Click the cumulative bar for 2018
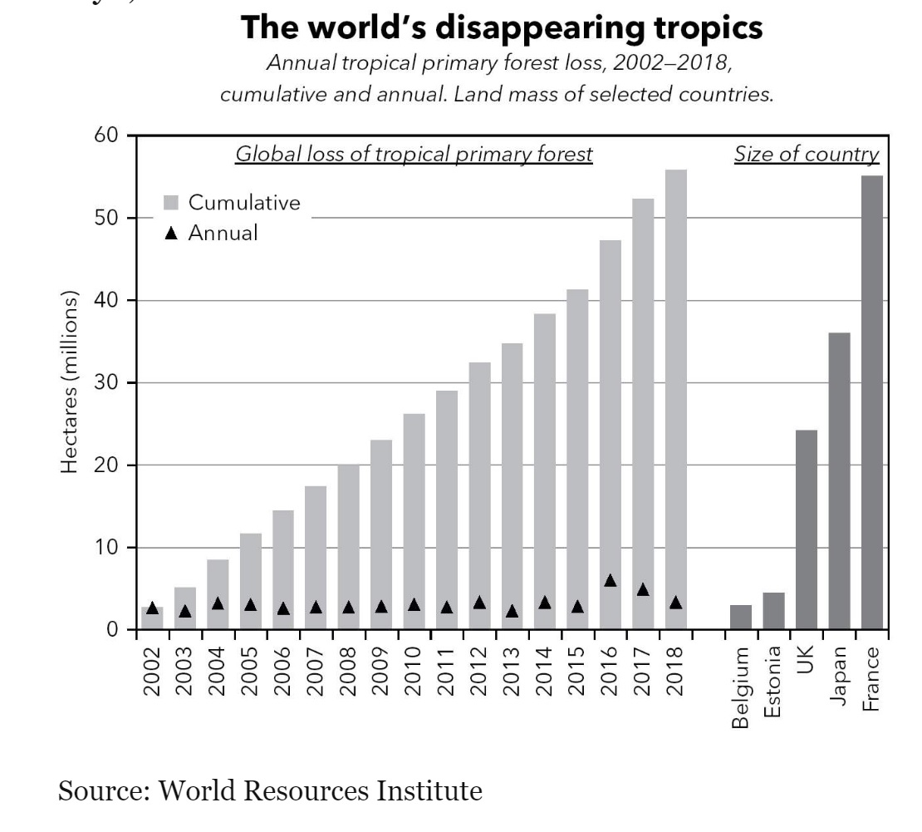click(675, 399)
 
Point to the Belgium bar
click(740, 617)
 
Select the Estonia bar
click(773, 611)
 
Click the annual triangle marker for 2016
click(610, 580)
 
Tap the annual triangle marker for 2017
click(643, 589)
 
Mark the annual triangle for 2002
click(152, 608)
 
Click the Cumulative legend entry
click(232, 203)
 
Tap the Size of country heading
click(806, 155)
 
